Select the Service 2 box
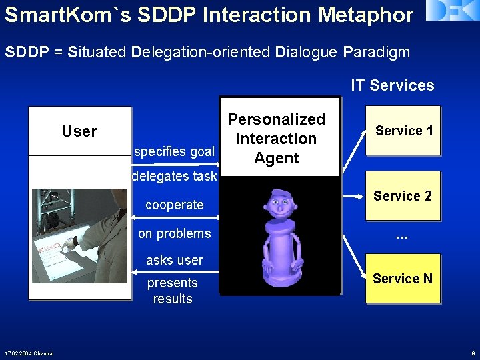pyautogui.click(x=403, y=196)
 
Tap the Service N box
pyautogui.click(x=403, y=279)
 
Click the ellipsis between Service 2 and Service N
pyautogui.click(x=401, y=235)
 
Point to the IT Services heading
pyautogui.click(x=392, y=85)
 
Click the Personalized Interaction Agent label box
pyautogui.click(x=277, y=139)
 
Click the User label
pyautogui.click(x=79, y=131)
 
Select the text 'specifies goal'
pyautogui.click(x=174, y=151)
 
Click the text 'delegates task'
pyautogui.click(x=175, y=177)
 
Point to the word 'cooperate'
pyautogui.click(x=174, y=205)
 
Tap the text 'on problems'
pyautogui.click(x=174, y=233)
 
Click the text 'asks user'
pyautogui.click(x=174, y=260)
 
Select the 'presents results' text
pyautogui.click(x=173, y=291)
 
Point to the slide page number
pyautogui.click(x=472, y=353)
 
